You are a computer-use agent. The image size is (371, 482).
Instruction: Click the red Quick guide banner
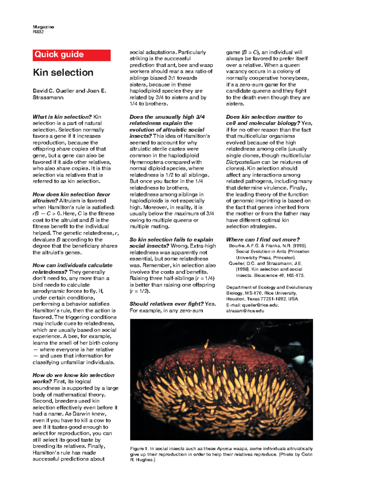pos(71,55)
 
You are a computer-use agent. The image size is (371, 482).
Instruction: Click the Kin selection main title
pos(63,72)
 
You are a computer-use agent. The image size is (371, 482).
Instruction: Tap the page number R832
pos(38,32)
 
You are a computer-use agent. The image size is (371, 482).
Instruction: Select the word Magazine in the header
pos(43,27)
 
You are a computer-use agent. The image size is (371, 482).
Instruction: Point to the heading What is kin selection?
pos(62,117)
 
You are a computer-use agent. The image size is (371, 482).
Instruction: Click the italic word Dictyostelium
pos(243,162)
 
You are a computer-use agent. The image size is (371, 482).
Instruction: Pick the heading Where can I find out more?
pos(262,239)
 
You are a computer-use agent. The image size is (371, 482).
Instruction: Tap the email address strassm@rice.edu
pos(245,311)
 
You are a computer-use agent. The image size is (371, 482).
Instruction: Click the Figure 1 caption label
pos(138,449)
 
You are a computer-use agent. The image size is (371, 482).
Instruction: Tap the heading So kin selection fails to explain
pos(171,239)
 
